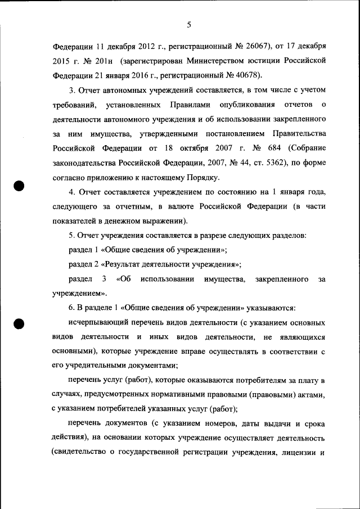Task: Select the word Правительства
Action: (297, 134)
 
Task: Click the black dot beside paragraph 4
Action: (20, 187)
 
